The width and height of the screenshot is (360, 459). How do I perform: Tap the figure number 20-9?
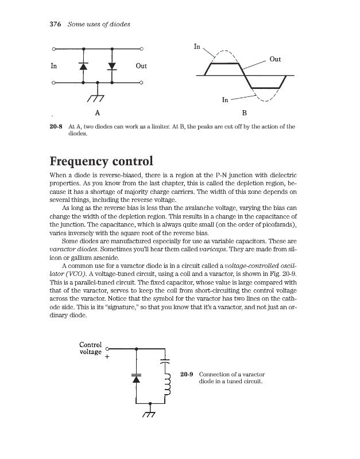[186, 375]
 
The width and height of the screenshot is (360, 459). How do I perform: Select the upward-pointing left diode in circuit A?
[83, 67]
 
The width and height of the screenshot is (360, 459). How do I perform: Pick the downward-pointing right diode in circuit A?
[112, 67]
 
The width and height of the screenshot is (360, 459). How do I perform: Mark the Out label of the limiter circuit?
[141, 66]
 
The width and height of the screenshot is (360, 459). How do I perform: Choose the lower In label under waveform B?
[226, 100]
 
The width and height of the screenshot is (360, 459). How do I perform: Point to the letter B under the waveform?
[245, 113]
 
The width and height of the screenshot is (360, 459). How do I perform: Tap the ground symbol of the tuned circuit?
[150, 414]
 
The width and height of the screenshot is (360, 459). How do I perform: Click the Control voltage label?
[90, 348]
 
